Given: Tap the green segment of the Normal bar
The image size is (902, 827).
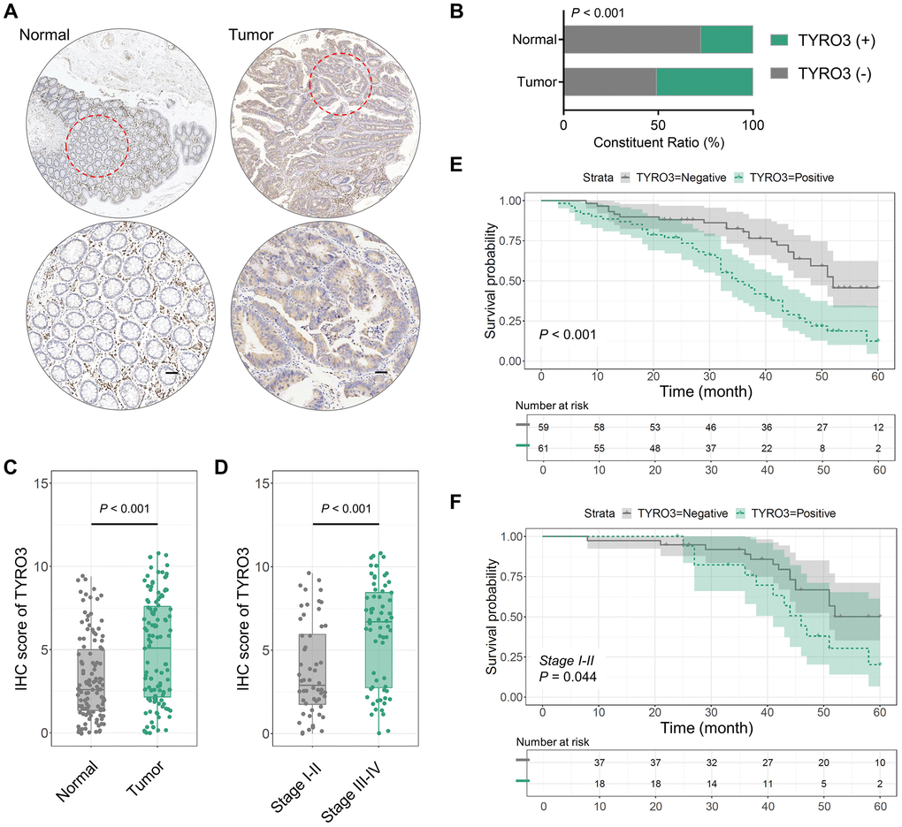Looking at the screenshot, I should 726,39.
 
